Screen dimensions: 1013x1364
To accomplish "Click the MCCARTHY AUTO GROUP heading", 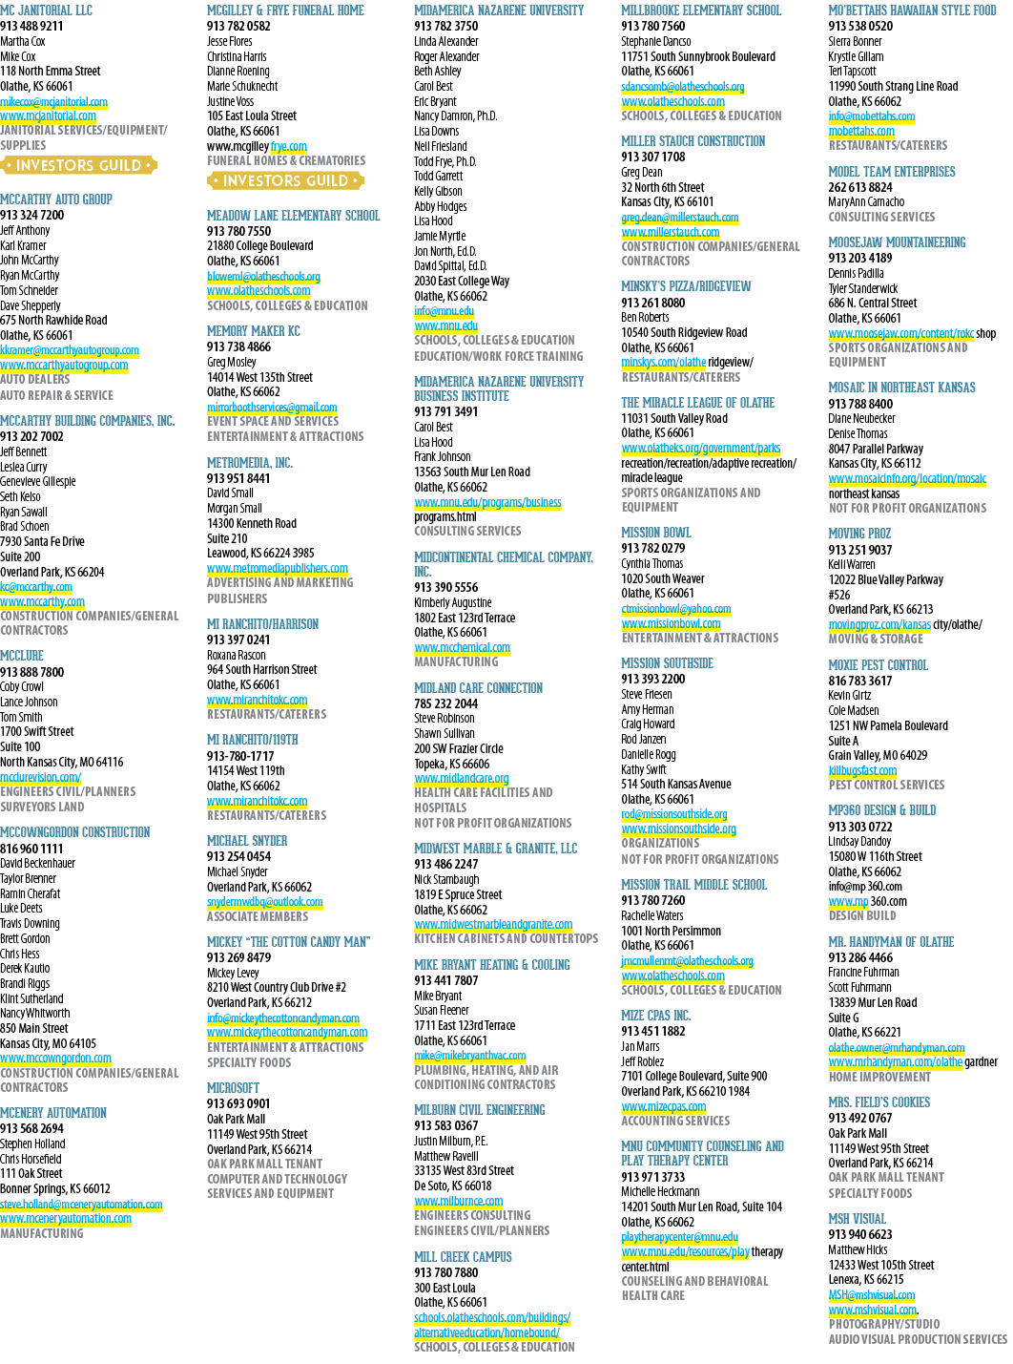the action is (56, 199).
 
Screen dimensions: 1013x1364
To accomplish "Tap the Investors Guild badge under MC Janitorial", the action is (78, 165).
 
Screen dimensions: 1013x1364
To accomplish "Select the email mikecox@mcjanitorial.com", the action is (53, 101).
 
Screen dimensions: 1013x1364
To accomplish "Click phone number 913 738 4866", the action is (238, 346).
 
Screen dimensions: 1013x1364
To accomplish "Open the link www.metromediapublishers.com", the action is (278, 568).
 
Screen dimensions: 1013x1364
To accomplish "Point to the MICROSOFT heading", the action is (233, 1088).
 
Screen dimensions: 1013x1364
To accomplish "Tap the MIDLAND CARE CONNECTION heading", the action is (478, 688).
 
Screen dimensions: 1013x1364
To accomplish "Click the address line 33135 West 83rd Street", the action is (465, 1170).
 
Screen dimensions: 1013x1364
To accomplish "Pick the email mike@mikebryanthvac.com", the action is (469, 1056).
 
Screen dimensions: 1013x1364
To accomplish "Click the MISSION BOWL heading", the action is (656, 533).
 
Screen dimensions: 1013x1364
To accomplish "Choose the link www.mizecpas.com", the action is (663, 1106).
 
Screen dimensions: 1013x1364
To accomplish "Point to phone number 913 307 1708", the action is (652, 157).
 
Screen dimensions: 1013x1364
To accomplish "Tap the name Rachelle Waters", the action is (652, 915).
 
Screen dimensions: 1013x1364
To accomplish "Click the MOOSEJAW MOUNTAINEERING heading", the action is (897, 242).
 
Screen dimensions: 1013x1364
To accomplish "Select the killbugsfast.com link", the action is (862, 770).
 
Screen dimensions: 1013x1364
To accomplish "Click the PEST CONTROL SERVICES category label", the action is (886, 785).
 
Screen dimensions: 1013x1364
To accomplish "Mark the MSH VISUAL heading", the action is (857, 1219).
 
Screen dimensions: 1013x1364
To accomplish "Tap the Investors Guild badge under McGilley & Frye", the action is (286, 180).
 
